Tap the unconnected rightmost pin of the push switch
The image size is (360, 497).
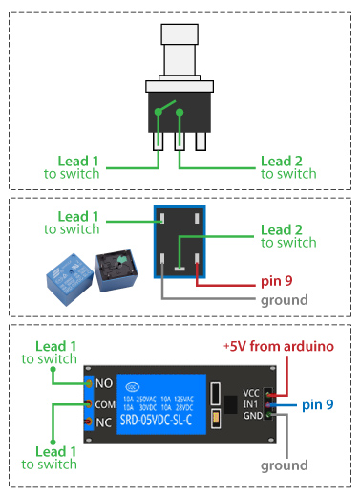pyautogui.click(x=201, y=140)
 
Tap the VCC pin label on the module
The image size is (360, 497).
pyautogui.click(x=250, y=392)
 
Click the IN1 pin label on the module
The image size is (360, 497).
pyautogui.click(x=250, y=405)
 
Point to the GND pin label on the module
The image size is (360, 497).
pyautogui.click(x=250, y=418)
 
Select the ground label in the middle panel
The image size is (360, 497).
pyautogui.click(x=285, y=300)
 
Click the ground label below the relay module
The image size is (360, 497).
pyautogui.click(x=285, y=465)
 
